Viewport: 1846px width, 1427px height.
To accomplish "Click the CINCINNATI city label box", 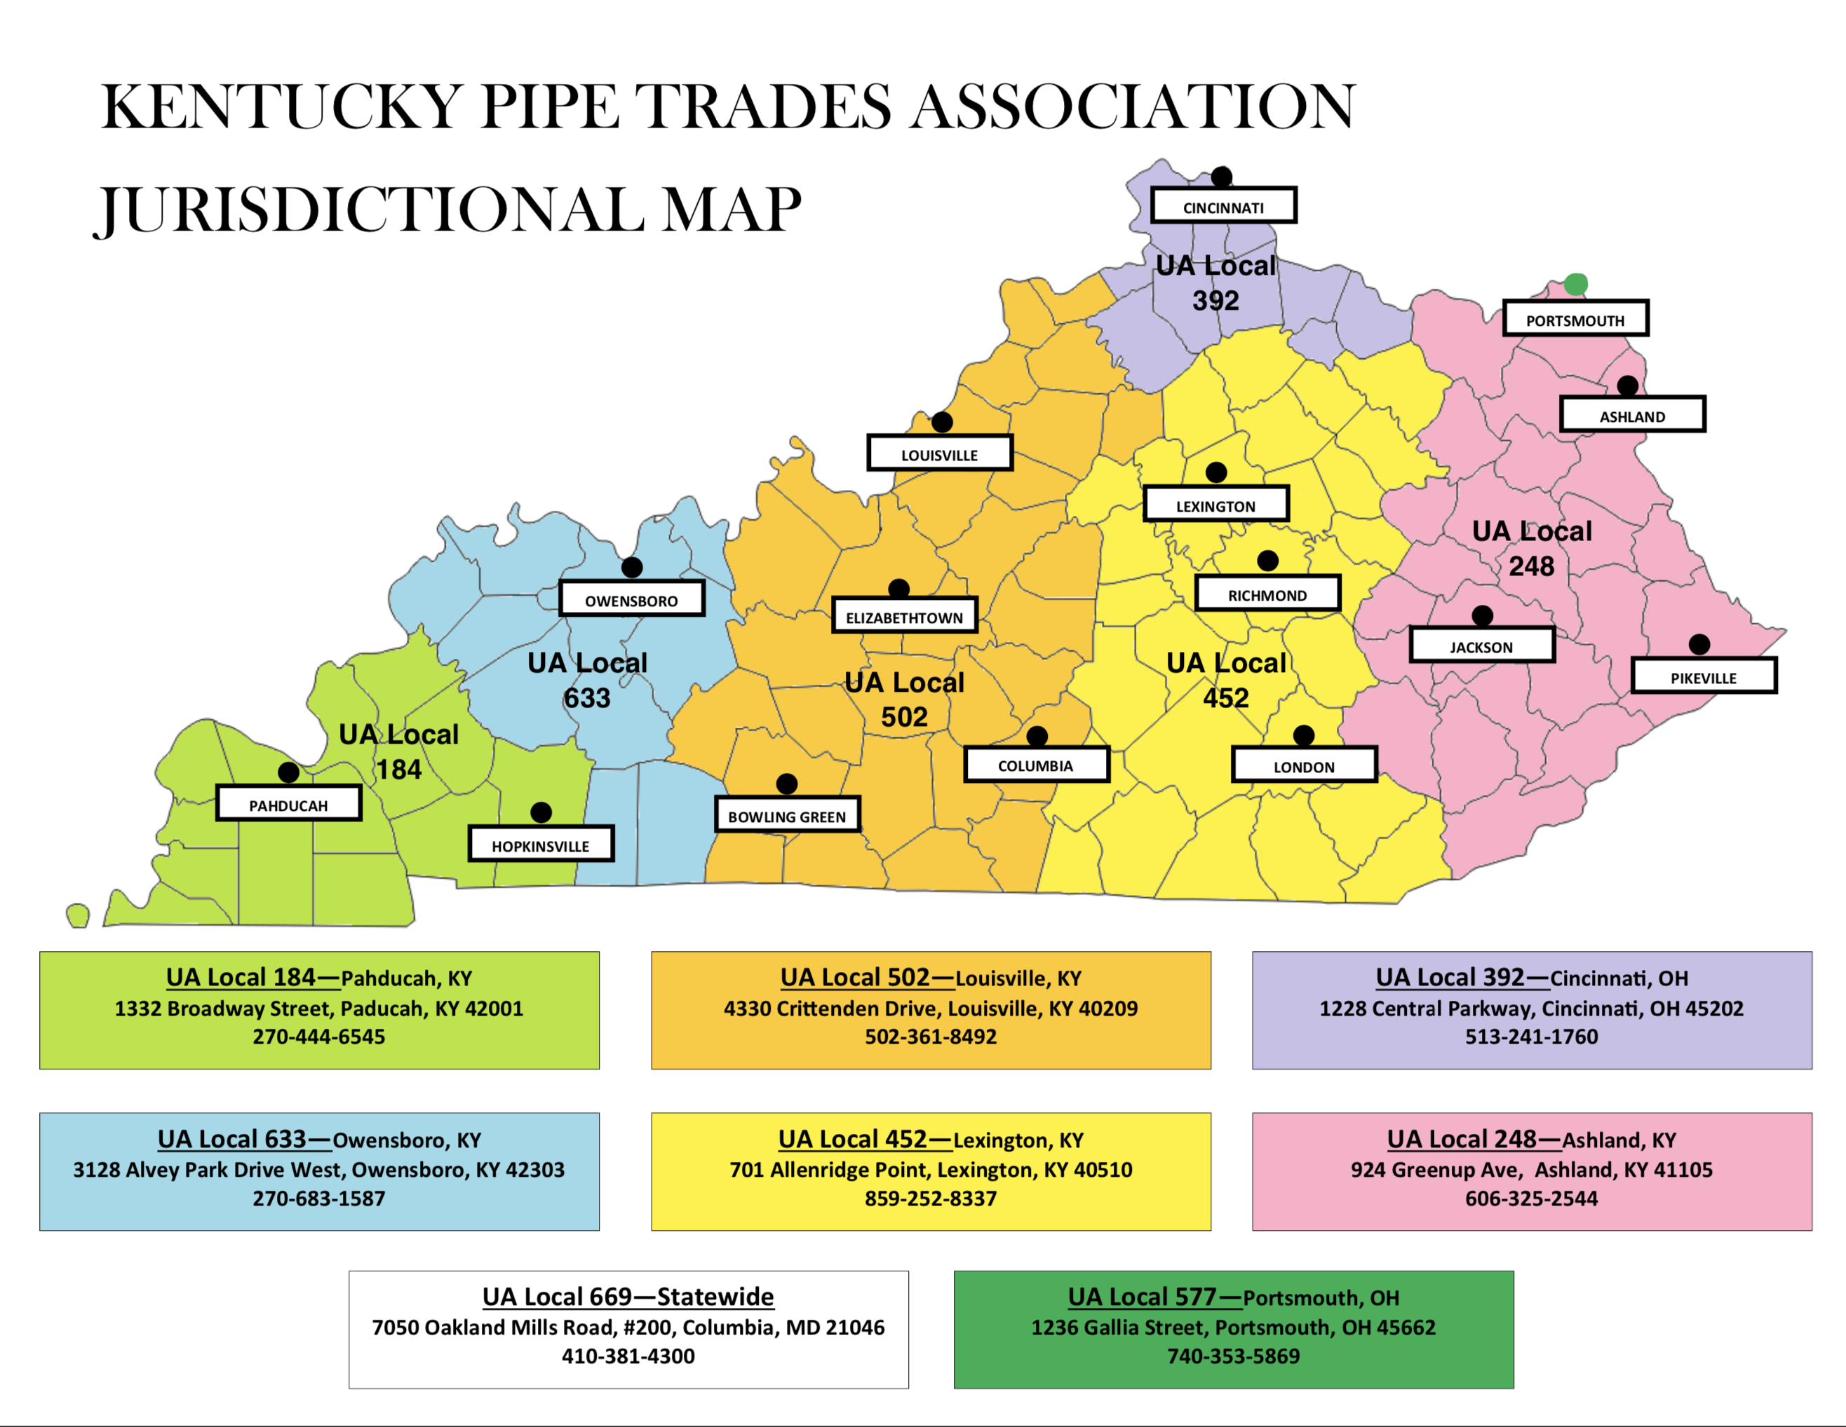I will coord(1223,206).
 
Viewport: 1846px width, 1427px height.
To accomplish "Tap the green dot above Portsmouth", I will coord(1575,284).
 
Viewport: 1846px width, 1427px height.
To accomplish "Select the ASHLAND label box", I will coord(1631,415).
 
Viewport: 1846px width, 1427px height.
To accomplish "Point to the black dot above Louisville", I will coord(942,422).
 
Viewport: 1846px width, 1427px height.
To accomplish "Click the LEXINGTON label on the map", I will coord(1215,505).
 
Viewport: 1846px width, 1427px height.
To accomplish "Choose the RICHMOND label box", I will coord(1266,594).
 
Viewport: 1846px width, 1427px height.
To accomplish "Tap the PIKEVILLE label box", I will coord(1702,677).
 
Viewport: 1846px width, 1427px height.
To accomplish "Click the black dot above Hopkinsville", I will coord(541,812).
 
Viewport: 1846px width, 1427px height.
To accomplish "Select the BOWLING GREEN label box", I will coord(786,815).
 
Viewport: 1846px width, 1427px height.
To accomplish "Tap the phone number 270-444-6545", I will coord(318,1037).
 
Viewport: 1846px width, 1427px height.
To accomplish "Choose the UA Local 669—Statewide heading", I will coord(628,1296).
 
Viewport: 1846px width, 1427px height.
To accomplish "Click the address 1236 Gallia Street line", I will coord(1232,1327).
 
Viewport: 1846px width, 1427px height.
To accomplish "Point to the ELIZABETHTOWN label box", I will coord(903,617).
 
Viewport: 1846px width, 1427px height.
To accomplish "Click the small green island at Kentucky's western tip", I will coord(78,915).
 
